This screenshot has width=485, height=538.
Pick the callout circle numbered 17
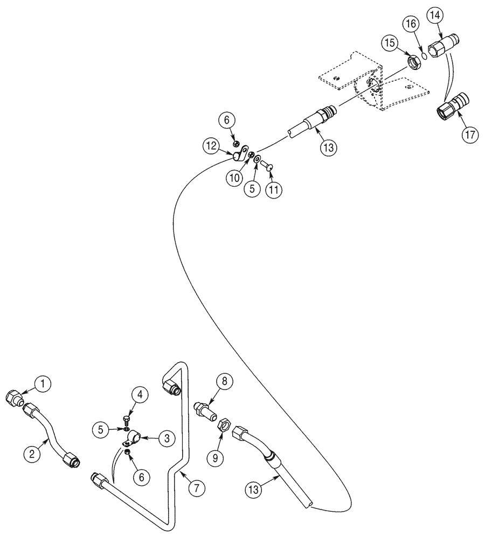coord(469,134)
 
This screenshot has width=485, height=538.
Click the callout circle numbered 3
coord(167,438)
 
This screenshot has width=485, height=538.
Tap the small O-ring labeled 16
coord(425,55)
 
